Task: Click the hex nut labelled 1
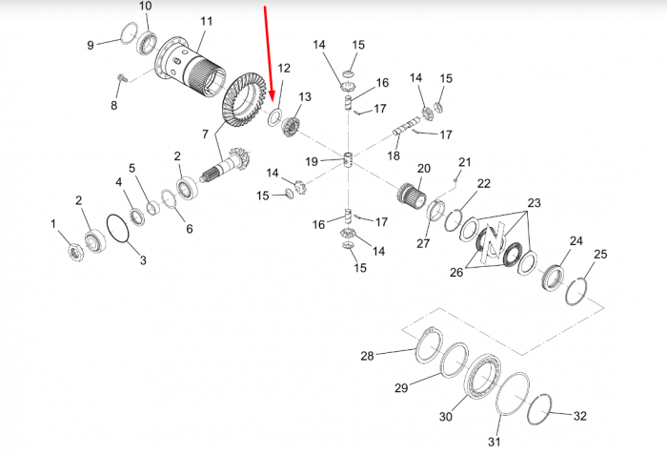pyautogui.click(x=75, y=251)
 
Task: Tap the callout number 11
pyautogui.click(x=207, y=21)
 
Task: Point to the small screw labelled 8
pyautogui.click(x=121, y=78)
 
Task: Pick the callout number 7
pyautogui.click(x=205, y=134)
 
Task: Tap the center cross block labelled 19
pyautogui.click(x=349, y=159)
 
